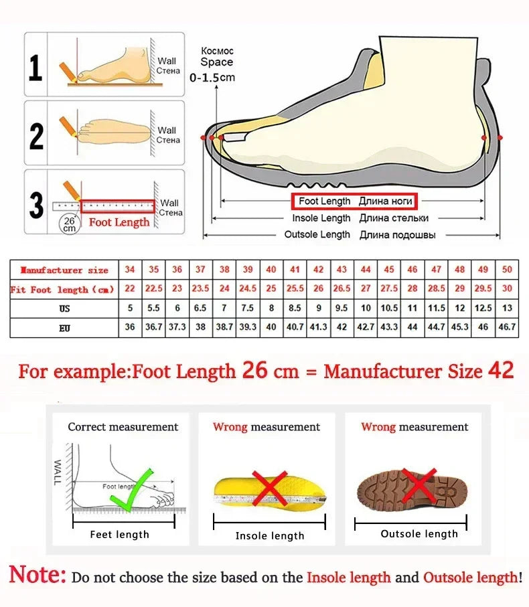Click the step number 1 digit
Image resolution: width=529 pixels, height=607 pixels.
coord(35,68)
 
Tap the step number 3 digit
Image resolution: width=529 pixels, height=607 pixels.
coord(37,205)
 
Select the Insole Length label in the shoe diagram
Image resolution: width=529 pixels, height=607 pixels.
coord(321,218)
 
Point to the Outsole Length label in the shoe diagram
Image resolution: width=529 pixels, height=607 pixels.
coord(317,234)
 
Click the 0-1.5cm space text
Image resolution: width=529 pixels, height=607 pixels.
coord(212,78)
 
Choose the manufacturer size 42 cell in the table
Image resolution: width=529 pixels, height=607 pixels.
coord(319,270)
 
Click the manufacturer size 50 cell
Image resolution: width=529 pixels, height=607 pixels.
coord(506,270)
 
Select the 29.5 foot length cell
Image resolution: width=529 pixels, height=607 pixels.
coord(483,288)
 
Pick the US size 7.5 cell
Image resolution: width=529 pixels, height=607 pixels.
coord(248,309)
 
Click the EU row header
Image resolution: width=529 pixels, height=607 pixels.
coord(64,328)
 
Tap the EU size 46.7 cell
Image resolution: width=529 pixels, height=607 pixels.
coord(506,328)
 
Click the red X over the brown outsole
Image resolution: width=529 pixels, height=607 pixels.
coord(420,487)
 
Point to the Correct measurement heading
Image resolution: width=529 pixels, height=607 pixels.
coord(123,427)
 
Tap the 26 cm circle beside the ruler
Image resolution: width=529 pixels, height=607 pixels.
coord(68,224)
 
